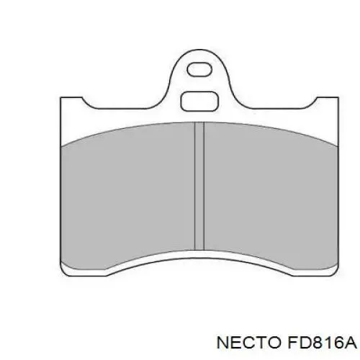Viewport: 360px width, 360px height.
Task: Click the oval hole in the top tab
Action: (199, 70)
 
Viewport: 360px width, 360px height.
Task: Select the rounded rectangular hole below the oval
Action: (199, 102)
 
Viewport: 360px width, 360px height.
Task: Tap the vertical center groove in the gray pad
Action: (199, 186)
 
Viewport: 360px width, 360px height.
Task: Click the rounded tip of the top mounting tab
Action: (199, 50)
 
